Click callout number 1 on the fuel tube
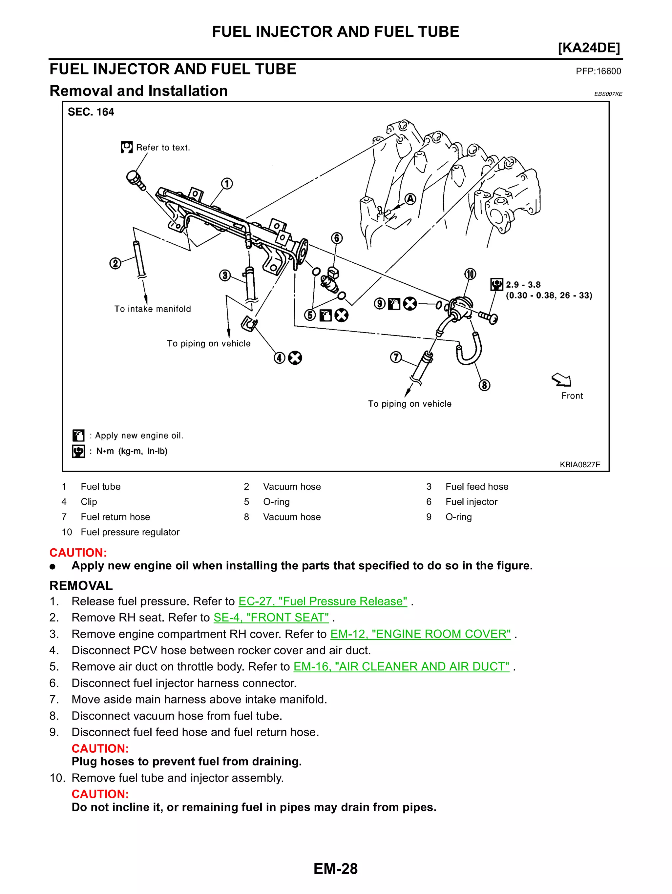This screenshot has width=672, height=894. coord(227,184)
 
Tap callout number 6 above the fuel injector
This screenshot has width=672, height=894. coord(336,238)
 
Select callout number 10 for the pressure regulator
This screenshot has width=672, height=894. coord(470,274)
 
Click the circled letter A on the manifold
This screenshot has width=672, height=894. coord(410,199)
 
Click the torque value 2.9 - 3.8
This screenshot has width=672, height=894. coord(523,285)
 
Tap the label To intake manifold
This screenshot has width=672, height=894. coord(153,309)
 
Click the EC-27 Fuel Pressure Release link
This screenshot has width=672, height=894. coord(323,601)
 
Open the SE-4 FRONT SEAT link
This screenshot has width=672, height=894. coord(271,618)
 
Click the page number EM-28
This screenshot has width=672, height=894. coord(336,869)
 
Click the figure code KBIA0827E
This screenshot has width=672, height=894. coord(580,464)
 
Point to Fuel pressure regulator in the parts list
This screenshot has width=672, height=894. coord(130,532)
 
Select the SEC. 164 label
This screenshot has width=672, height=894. coord(91,112)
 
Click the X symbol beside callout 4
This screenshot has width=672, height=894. coord(295,358)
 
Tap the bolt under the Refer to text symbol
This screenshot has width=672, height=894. coord(135,179)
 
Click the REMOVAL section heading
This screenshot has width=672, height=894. coord(81,586)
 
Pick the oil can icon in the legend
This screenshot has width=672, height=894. coord(78,435)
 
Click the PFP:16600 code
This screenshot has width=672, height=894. coord(598,71)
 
